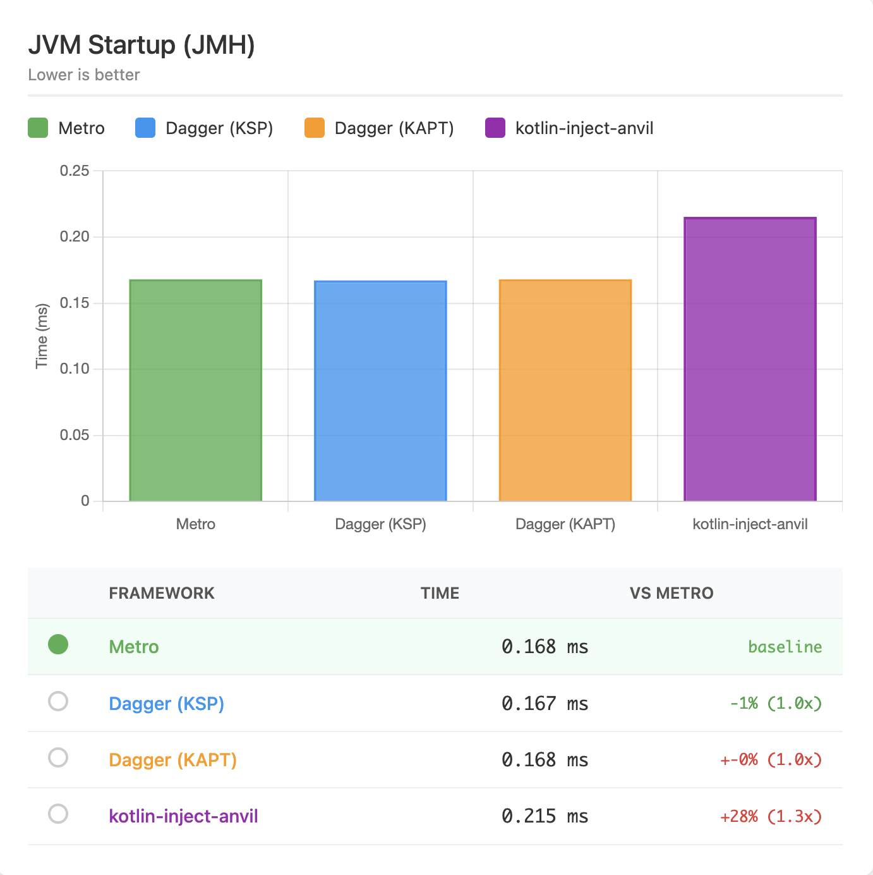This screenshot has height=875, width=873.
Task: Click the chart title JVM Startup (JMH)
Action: pyautogui.click(x=141, y=45)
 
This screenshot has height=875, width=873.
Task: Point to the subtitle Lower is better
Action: pyautogui.click(x=84, y=75)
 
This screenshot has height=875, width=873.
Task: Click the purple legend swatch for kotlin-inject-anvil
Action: pyautogui.click(x=495, y=128)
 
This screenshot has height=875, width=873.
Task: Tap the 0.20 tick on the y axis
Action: pyautogui.click(x=75, y=236)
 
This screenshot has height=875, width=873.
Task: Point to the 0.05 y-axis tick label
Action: pyautogui.click(x=75, y=435)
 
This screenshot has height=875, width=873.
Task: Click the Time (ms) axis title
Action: pyautogui.click(x=42, y=336)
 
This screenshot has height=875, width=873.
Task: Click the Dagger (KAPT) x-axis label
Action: pyautogui.click(x=565, y=524)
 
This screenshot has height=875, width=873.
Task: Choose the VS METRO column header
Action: pyautogui.click(x=671, y=593)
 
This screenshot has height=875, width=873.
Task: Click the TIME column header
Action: pyautogui.click(x=440, y=593)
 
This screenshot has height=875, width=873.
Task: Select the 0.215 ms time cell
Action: pyautogui.click(x=545, y=816)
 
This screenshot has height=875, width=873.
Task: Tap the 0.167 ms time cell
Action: pyautogui.click(x=545, y=704)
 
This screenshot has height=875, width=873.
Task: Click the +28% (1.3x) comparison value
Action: pyautogui.click(x=771, y=816)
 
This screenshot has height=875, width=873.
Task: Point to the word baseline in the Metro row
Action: pyautogui.click(x=785, y=647)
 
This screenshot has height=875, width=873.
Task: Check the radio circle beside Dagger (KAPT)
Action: pyautogui.click(x=58, y=757)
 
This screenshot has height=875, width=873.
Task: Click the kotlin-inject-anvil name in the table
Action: pyautogui.click(x=183, y=816)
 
